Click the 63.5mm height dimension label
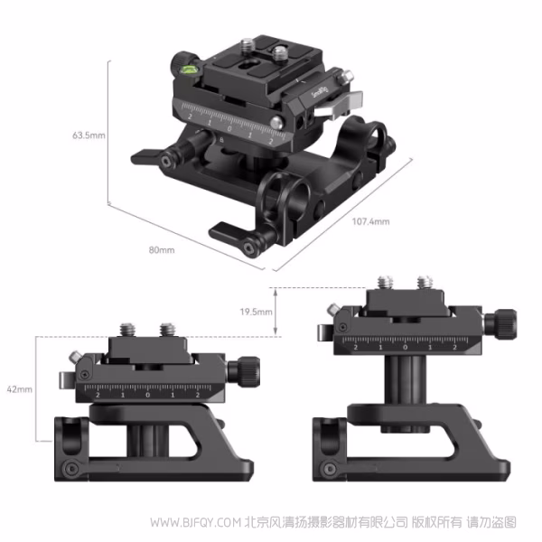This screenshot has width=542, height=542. pos(89,135)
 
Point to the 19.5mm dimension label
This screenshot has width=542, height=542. pos(257,311)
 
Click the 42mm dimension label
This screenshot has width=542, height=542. pos(19,388)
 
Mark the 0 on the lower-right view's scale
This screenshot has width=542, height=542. pos(405,346)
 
